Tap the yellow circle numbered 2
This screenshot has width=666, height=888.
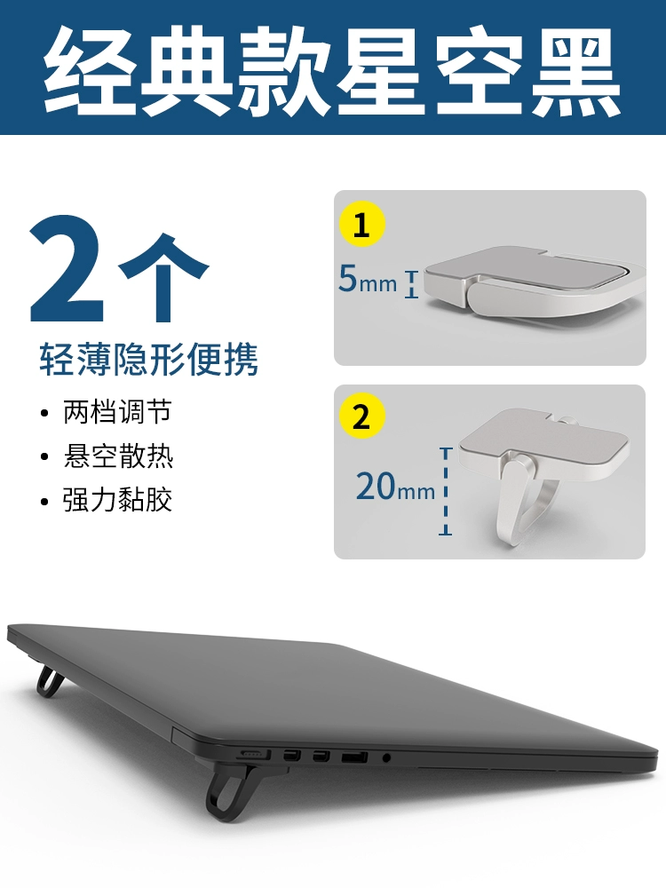click(x=362, y=416)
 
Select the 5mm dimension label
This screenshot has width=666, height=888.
click(x=368, y=279)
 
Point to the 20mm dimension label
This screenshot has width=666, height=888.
click(x=395, y=487)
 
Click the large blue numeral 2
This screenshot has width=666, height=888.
click(x=67, y=268)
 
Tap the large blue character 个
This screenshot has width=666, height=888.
click(x=163, y=277)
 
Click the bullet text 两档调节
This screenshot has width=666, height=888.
click(x=117, y=412)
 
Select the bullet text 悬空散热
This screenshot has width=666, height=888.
click(x=118, y=456)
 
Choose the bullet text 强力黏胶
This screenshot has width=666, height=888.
click(x=118, y=499)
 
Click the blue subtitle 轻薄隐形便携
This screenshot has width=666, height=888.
click(x=149, y=359)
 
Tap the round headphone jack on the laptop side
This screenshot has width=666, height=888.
click(x=386, y=757)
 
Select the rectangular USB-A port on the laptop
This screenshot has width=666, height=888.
click(x=354, y=757)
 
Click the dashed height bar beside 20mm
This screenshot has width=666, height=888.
click(x=446, y=491)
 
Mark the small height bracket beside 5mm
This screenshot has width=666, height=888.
click(x=412, y=284)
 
